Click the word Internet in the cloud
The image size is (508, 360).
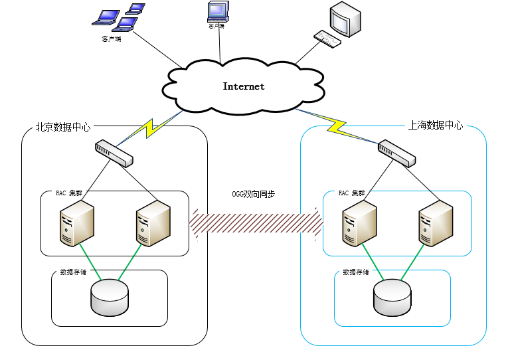pos(243,86)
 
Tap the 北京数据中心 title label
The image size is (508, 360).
pos(62,126)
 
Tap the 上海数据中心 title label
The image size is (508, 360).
pos(435,125)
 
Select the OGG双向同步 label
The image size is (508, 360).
pos(253,194)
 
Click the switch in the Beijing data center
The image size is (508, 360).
pos(114,153)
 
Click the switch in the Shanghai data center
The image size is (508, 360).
pos(396,153)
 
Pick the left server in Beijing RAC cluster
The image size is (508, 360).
pos(76,223)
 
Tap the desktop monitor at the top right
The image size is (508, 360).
pos(346,20)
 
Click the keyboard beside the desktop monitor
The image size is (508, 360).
pos(328,39)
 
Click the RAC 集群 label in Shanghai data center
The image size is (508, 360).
pos(351,193)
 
